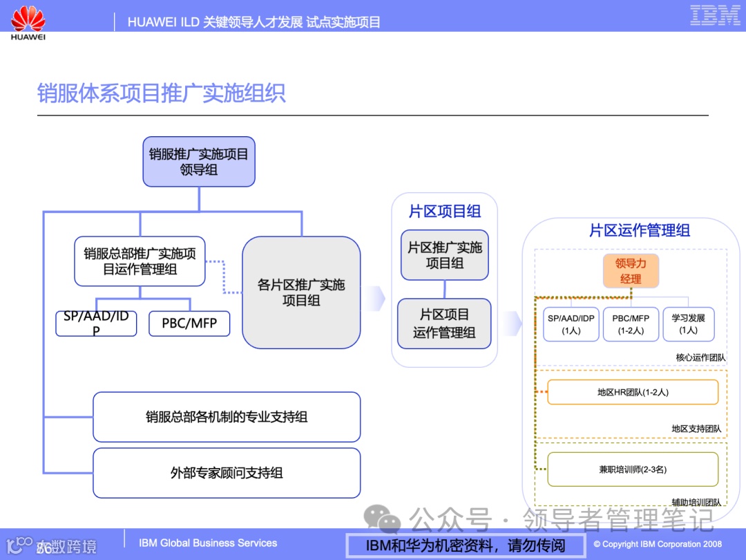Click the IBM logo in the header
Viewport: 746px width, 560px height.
tap(715, 15)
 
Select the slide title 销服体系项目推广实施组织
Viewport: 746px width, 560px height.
tap(161, 93)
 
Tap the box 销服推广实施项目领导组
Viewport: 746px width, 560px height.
tap(199, 162)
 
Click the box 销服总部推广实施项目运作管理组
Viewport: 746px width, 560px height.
tap(140, 261)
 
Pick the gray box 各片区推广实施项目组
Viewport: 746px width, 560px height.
tap(301, 292)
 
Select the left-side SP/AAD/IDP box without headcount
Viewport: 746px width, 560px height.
tap(96, 324)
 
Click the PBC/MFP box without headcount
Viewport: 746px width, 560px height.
tap(189, 324)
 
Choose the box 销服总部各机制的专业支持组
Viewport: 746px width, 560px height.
tap(227, 417)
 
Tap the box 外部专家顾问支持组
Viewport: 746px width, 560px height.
tap(227, 473)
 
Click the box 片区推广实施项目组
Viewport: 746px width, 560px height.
tap(445, 255)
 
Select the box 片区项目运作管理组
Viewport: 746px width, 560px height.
tap(445, 324)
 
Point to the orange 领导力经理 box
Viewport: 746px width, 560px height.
tap(631, 271)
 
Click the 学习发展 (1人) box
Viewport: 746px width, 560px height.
tap(688, 324)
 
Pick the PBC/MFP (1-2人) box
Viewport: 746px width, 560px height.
tap(631, 324)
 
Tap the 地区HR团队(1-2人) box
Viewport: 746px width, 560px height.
tap(633, 392)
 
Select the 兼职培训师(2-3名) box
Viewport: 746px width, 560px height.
tap(633, 469)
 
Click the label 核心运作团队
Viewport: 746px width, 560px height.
tap(700, 357)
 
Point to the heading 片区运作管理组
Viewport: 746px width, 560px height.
tap(639, 230)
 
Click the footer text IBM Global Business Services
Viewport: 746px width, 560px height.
tap(208, 543)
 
